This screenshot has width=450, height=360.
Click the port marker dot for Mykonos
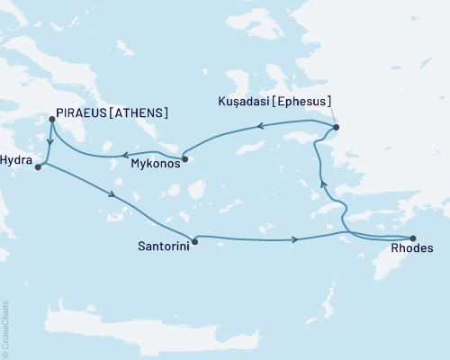[184, 160]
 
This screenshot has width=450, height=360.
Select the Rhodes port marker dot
[413, 237]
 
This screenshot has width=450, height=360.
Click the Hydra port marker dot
[38, 166]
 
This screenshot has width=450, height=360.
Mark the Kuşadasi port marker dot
[337, 128]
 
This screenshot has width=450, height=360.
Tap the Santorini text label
[163, 244]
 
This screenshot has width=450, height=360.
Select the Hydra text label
[16, 156]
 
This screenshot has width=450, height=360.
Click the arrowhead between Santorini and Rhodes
[295, 239]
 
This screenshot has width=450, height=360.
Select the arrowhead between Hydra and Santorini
[112, 194]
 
